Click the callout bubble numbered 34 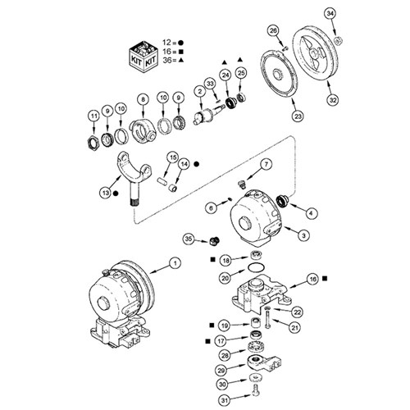coord(330,14)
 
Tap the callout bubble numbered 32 coord(333,100)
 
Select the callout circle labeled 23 coord(298,116)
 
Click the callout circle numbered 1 coord(175,263)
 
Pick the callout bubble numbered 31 coord(225,401)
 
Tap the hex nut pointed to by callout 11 coord(91,143)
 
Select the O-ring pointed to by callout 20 coord(256,267)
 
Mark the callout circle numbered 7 coord(266,164)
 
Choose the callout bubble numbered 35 coord(189,239)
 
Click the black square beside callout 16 coord(325,278)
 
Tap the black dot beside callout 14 coord(196,164)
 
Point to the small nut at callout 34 coord(339,41)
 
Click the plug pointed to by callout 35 coord(214,240)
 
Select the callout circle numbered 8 coord(143,99)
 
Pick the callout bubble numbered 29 coord(221,371)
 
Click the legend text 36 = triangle coord(173,60)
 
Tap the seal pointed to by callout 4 coord(281,201)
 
